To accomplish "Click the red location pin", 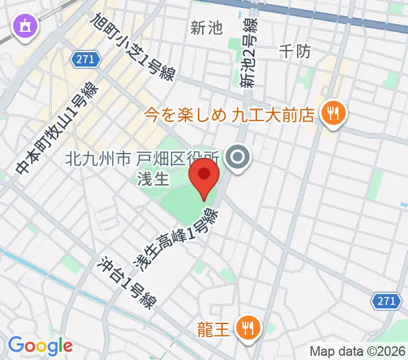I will (205, 175).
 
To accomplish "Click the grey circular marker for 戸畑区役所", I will (238, 158).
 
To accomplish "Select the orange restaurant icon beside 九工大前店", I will (331, 113).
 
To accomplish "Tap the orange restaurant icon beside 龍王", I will (246, 328).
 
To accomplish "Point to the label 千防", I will (295, 52).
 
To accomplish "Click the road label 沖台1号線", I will (127, 282).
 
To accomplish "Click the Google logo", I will (40, 346).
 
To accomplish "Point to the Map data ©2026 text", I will (356, 352).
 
